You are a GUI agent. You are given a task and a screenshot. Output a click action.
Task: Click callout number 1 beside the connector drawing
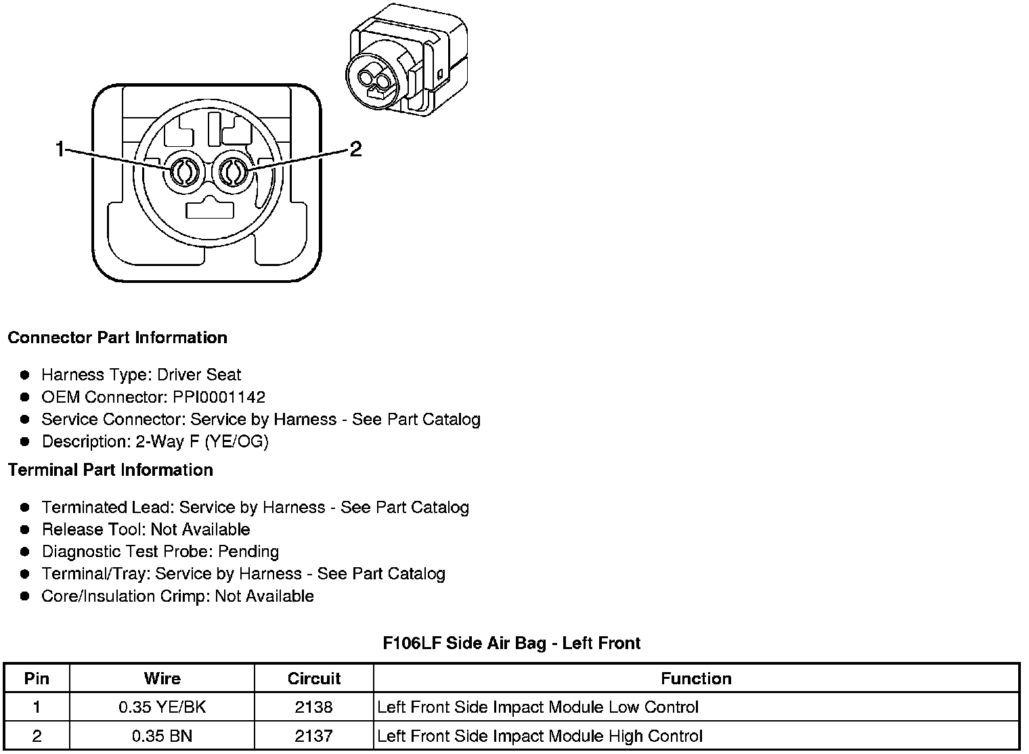point(60,149)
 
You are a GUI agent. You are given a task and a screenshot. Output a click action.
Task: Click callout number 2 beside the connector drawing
point(355,149)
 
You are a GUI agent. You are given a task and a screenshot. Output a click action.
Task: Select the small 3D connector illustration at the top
point(406,61)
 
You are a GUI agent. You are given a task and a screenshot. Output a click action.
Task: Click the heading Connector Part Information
point(117,338)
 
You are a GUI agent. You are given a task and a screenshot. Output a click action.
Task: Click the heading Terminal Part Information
point(110,470)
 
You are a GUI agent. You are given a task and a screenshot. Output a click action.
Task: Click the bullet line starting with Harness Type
point(141,375)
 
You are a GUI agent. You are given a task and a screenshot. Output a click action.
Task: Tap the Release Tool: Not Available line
point(146,529)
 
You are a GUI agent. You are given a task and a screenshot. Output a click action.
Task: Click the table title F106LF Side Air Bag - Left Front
point(511,643)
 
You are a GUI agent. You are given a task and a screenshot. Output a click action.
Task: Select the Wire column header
point(162,679)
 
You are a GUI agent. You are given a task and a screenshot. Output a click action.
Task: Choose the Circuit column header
point(313,679)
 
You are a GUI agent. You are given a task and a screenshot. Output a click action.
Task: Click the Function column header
point(696,679)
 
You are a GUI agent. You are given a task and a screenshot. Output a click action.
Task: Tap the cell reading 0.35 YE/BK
point(162,707)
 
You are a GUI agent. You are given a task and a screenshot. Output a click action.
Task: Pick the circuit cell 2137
point(313,736)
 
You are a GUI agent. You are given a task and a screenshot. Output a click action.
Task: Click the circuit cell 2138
point(313,707)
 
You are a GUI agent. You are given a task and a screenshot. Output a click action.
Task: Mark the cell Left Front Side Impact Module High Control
point(540,736)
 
